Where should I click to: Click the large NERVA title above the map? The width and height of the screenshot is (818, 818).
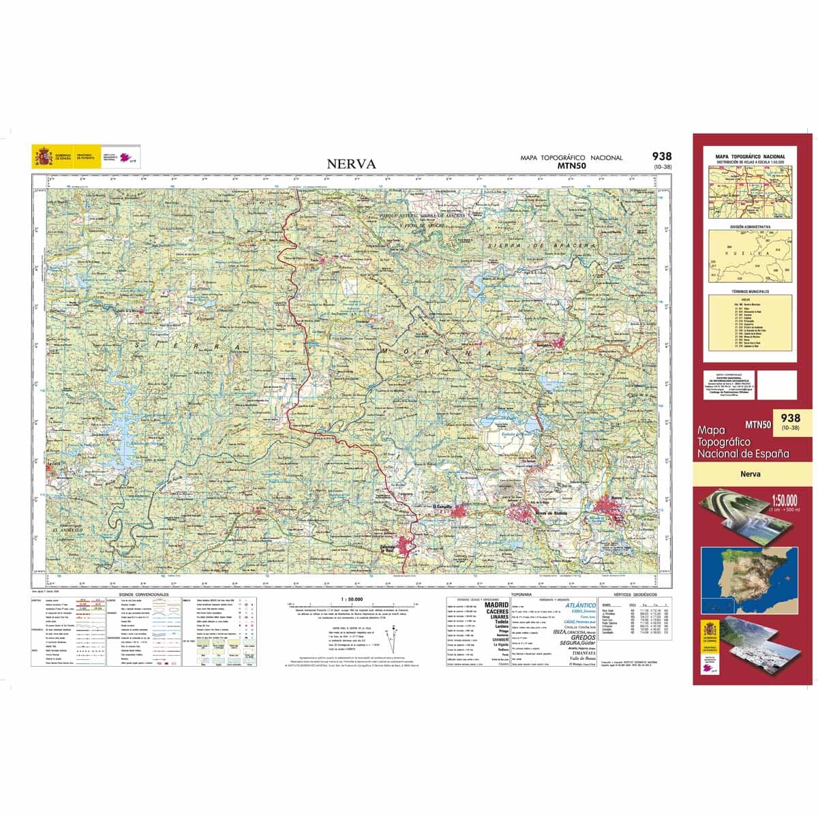tap(351, 164)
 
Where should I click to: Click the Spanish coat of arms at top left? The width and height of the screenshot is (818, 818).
tap(42, 157)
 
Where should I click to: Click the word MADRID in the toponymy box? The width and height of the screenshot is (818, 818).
tap(496, 605)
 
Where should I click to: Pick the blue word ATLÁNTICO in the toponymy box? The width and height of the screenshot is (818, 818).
tap(580, 605)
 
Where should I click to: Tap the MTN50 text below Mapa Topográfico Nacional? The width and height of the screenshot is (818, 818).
tap(571, 166)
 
